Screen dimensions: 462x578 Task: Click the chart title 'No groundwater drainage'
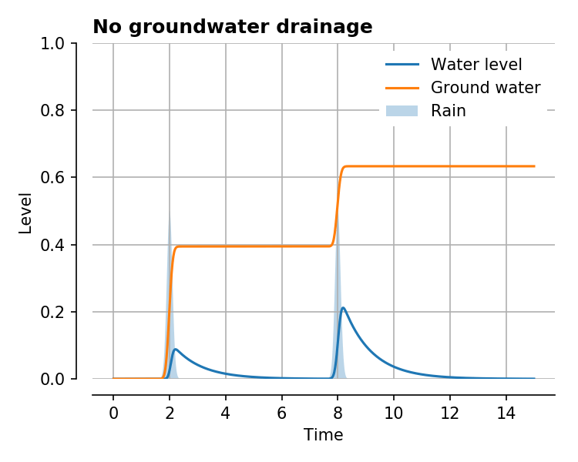click(232, 27)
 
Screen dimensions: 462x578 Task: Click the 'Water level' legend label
click(476, 64)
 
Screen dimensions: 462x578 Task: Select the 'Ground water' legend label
click(486, 87)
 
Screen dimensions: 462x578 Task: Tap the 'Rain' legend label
click(449, 110)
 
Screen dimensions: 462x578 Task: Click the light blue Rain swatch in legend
click(402, 110)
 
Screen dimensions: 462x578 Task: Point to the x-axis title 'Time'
click(323, 435)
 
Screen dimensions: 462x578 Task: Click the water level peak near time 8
click(343, 308)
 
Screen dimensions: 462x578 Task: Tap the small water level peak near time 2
click(176, 350)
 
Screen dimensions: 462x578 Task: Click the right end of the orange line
click(534, 166)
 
